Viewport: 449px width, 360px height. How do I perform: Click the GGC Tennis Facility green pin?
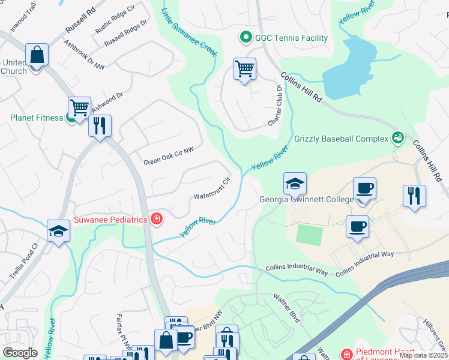click(245, 38)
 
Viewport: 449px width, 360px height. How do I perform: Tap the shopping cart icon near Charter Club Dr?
click(244, 69)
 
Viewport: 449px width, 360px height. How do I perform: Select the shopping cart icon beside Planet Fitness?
click(79, 108)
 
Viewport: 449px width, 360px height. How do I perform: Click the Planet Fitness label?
click(36, 118)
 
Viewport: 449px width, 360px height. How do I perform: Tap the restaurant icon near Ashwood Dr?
click(100, 125)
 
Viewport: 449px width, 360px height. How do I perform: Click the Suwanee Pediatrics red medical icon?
click(157, 220)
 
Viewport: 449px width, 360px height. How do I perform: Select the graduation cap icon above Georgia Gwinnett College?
click(295, 184)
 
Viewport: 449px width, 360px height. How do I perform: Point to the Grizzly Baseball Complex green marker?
click(397, 139)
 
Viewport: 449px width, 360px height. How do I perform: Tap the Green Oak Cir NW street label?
click(169, 157)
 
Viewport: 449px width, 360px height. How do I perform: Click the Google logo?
click(20, 352)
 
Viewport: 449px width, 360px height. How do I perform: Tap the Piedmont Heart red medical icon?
click(345, 355)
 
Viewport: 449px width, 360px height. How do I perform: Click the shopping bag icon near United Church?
click(37, 55)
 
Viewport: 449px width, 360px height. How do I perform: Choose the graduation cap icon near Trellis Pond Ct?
click(58, 231)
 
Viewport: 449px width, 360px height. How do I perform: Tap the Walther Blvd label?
click(286, 308)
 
